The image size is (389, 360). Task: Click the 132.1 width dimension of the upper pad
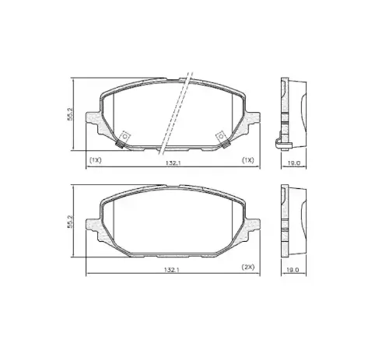(x=173, y=163)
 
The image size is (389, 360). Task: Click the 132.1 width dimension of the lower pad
(x=172, y=270)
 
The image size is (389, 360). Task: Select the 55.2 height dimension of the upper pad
(x=70, y=114)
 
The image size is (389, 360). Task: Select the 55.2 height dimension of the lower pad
(x=70, y=222)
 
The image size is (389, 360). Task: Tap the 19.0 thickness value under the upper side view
(x=294, y=163)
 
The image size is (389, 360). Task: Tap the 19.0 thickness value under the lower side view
(x=293, y=270)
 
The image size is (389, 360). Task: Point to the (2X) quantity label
(x=248, y=267)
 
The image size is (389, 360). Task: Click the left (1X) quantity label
(x=95, y=160)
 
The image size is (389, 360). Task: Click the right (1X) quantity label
(x=247, y=160)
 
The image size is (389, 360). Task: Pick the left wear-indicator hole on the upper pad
(x=125, y=136)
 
